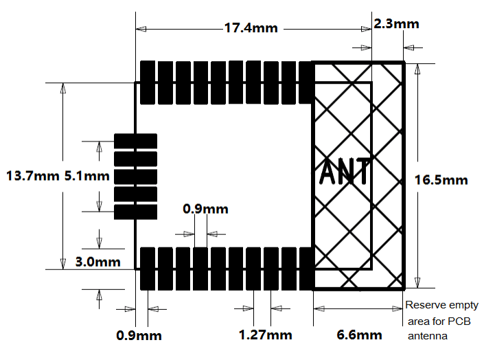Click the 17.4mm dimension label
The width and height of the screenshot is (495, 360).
pyautogui.click(x=251, y=29)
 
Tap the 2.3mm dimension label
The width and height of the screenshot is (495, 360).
pyautogui.click(x=396, y=24)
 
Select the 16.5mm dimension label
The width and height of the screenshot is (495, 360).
pyautogui.click(x=441, y=180)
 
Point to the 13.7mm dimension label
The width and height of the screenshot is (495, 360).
pyautogui.click(x=32, y=176)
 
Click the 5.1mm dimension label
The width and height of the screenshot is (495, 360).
pyautogui.click(x=87, y=176)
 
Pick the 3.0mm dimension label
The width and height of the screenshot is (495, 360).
pyautogui.click(x=97, y=262)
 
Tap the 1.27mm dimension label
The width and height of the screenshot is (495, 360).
pyautogui.click(x=265, y=335)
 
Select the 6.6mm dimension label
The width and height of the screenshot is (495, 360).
pyautogui.click(x=360, y=335)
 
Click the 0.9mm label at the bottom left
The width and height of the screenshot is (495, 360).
pyautogui.click(x=139, y=336)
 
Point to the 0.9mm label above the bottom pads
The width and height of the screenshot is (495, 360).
pyautogui.click(x=206, y=209)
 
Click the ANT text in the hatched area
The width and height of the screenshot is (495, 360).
pyautogui.click(x=345, y=172)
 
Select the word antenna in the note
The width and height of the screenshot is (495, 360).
pyautogui.click(x=427, y=336)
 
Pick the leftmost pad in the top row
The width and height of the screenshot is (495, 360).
pyautogui.click(x=148, y=82)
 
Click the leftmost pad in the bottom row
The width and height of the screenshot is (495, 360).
pyautogui.click(x=148, y=268)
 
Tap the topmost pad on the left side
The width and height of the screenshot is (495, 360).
pyautogui.click(x=135, y=141)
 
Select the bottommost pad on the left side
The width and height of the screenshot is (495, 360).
pyautogui.click(x=135, y=212)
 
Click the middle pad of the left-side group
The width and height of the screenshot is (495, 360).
pyautogui.click(x=135, y=177)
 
